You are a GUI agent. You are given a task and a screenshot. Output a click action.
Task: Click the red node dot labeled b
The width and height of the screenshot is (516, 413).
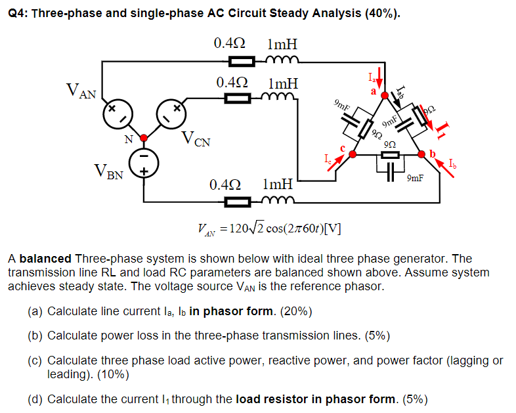[422, 154]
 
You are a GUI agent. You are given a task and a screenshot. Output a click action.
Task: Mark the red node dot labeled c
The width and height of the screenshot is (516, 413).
[353, 154]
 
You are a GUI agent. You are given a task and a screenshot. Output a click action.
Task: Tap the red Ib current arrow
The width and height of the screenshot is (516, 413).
[441, 168]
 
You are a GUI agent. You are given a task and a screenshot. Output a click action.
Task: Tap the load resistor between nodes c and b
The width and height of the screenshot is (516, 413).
[389, 154]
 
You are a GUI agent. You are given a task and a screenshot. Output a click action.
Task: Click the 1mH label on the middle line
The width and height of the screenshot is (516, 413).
[283, 84]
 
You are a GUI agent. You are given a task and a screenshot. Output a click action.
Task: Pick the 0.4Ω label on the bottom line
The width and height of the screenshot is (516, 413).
[225, 185]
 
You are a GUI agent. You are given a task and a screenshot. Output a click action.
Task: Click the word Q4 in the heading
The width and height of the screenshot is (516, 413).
[20, 13]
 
